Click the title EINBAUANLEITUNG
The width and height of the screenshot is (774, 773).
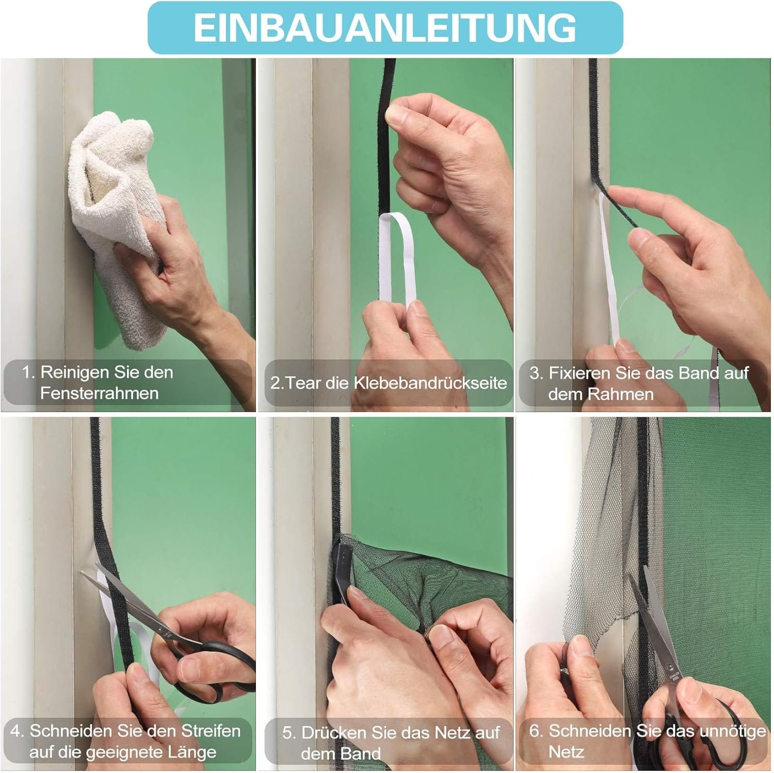click(385, 27)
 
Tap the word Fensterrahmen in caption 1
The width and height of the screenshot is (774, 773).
click(99, 393)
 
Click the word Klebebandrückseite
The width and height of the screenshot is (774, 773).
click(430, 383)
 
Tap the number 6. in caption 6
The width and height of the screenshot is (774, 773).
click(537, 731)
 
